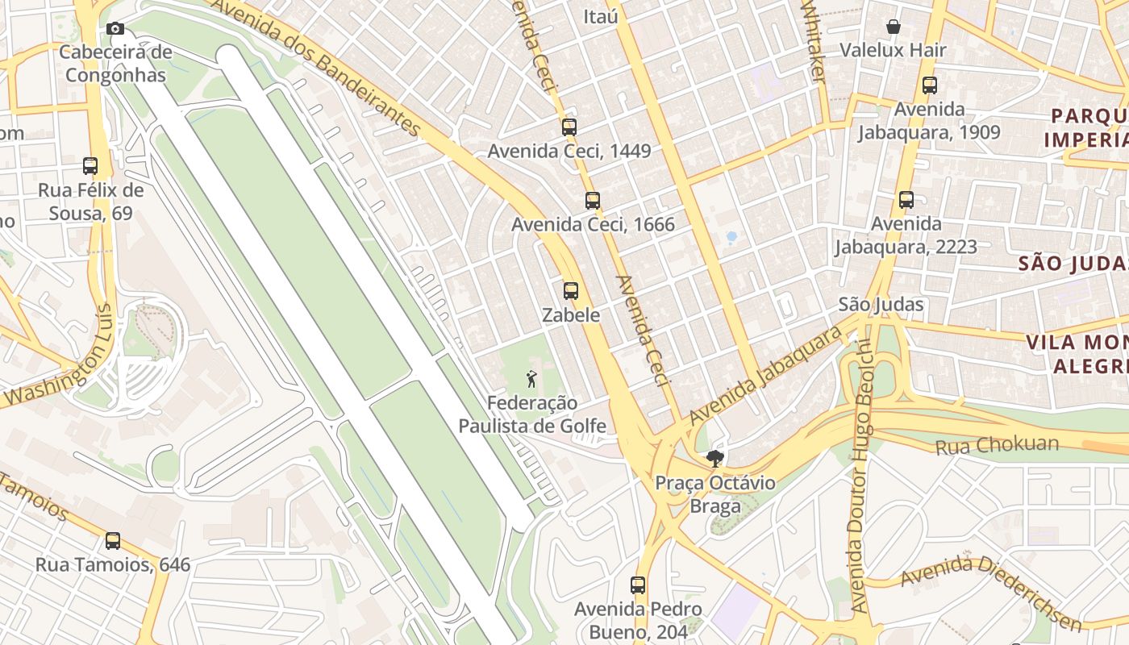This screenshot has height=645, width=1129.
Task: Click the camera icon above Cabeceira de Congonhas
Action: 115,28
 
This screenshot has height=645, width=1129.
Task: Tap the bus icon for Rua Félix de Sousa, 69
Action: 90,166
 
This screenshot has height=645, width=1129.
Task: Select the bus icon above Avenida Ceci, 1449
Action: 569,127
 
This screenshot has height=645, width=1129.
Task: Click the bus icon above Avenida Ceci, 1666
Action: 593,201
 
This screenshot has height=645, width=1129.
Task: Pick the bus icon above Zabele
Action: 571,291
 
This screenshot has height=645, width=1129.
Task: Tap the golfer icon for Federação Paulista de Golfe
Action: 531,378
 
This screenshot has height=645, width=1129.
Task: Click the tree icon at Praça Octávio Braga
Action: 714,460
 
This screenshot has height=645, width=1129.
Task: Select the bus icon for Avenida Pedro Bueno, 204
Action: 638,585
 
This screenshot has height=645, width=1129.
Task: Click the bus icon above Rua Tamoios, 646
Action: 113,541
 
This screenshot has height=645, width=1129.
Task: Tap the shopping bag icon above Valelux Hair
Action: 894,27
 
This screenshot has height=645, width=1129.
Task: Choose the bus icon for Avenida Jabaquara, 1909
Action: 930,85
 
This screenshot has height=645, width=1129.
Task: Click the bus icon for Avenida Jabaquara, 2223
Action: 906,200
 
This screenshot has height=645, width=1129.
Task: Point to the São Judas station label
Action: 881,304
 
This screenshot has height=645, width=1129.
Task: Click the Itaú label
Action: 601,15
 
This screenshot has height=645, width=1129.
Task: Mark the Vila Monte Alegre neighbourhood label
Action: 1077,353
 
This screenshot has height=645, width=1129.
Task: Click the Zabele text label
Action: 571,315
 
